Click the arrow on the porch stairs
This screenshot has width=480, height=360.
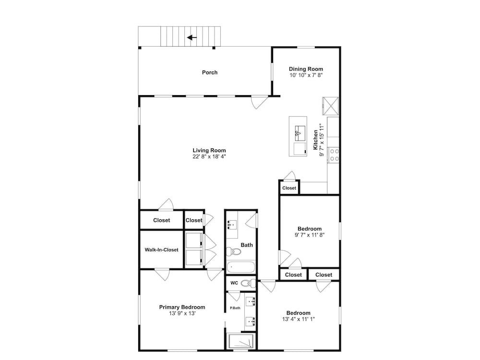[x=192, y=37]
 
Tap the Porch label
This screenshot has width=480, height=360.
[x=210, y=72]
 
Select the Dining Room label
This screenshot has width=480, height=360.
[x=306, y=69]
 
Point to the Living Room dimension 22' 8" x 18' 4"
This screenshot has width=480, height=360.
[x=209, y=156]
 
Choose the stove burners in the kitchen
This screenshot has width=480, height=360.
[x=333, y=155]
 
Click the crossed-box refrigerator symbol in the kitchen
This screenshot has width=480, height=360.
[x=331, y=106]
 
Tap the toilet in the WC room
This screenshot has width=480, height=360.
[x=248, y=283]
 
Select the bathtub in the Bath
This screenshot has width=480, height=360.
[x=241, y=267]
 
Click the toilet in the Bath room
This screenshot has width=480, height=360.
[x=233, y=252]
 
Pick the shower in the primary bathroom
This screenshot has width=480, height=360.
[x=241, y=341]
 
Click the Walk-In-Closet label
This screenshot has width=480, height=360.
[x=161, y=250]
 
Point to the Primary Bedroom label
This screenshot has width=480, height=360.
[x=182, y=307]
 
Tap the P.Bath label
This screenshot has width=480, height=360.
[x=235, y=308]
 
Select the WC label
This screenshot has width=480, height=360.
[x=234, y=283]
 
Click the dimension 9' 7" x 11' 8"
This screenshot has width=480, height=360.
[x=310, y=235]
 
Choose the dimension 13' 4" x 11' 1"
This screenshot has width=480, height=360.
[x=299, y=319]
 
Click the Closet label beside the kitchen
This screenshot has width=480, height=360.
[x=289, y=188]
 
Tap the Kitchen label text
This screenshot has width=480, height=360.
[x=316, y=140]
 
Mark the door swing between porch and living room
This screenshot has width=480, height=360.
[x=259, y=102]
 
